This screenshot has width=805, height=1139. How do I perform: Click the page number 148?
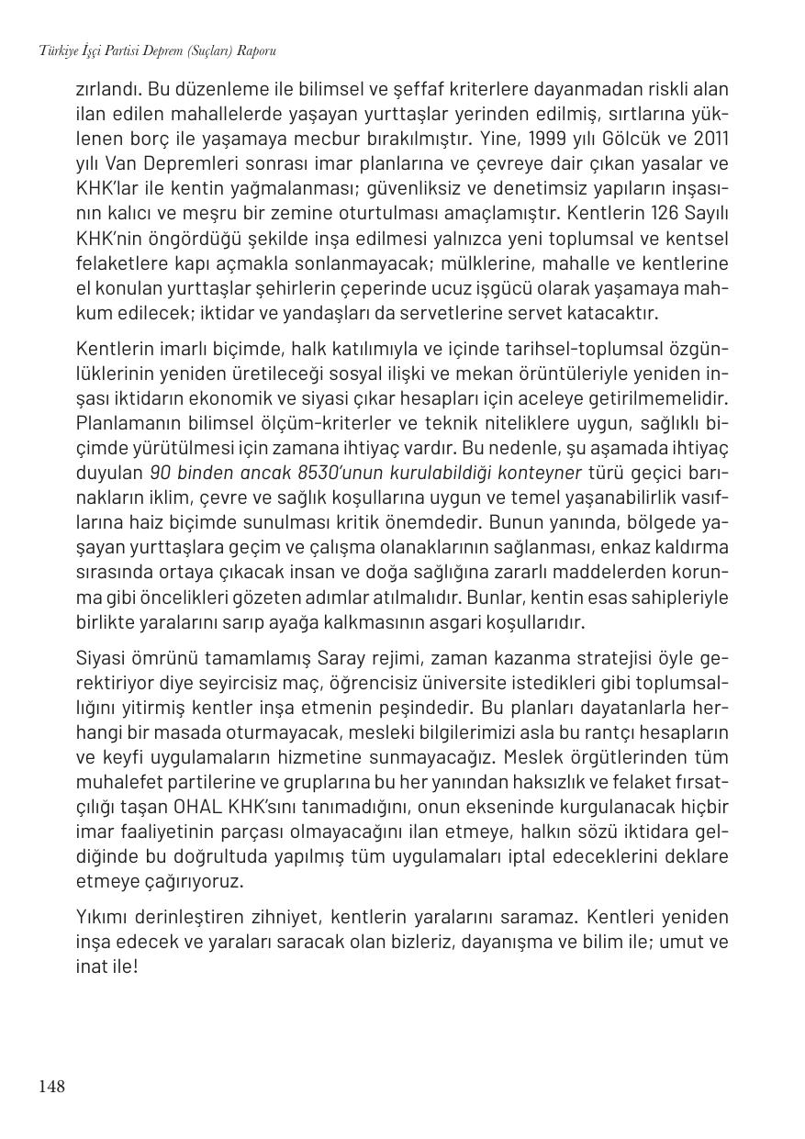[51, 1087]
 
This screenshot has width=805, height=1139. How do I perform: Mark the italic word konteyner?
[539, 473]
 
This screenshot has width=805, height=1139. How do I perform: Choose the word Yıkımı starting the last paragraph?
[103, 917]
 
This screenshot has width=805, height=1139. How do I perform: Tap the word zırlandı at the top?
[107, 89]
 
